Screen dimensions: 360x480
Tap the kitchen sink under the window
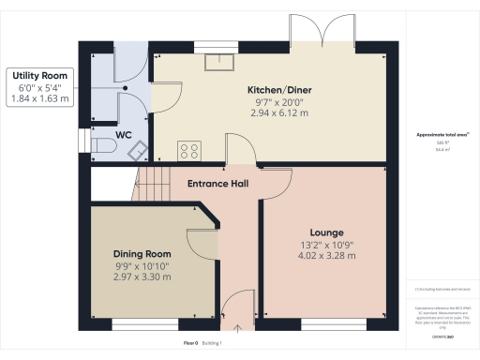tap(221, 62)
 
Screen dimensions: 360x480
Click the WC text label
tap(123, 135)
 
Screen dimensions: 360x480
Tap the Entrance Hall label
tap(217, 184)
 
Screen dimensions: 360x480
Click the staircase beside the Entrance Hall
tap(150, 184)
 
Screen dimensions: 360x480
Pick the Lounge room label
tap(326, 232)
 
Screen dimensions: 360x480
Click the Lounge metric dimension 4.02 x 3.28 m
tap(326, 256)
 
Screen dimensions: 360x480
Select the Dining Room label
tap(142, 254)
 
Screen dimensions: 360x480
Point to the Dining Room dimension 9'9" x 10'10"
tap(142, 266)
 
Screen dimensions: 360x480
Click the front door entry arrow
tap(238, 328)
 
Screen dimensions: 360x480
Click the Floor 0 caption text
tap(192, 344)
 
